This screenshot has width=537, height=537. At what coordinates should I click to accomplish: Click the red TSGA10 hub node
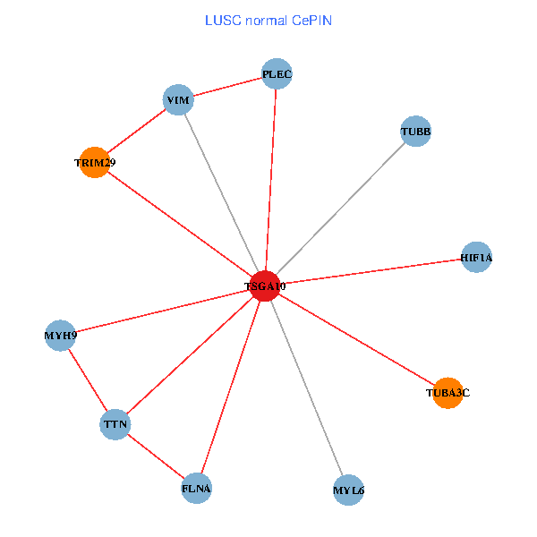[x=265, y=286]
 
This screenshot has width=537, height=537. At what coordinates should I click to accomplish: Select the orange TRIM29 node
[x=94, y=163]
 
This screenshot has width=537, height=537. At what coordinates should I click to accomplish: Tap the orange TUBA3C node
[x=447, y=392]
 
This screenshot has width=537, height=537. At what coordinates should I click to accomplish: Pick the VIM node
[x=179, y=99]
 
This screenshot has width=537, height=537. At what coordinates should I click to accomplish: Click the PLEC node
[x=277, y=73]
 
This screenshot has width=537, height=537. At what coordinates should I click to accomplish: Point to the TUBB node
[x=415, y=132]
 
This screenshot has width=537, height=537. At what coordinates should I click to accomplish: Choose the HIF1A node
[x=476, y=258]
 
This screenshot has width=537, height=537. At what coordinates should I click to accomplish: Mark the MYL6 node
[x=348, y=490]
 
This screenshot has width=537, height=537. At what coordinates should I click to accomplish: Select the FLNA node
[x=197, y=489]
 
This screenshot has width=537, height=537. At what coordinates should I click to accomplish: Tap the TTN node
[x=115, y=423]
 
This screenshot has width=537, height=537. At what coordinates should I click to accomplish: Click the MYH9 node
[x=60, y=336]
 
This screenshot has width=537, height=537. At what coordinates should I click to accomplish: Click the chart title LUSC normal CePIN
[x=268, y=20]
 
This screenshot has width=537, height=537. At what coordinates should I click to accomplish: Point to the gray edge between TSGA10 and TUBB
[x=340, y=209]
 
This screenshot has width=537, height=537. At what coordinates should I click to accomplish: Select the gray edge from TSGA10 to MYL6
[x=306, y=388]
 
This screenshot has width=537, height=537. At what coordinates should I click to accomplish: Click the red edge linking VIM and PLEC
[x=228, y=87]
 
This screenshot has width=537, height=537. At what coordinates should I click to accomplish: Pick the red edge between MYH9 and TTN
[x=88, y=379]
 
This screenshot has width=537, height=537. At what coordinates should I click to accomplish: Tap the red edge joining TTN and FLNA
[x=157, y=456]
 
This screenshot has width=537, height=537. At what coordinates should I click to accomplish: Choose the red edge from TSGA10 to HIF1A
[x=371, y=272]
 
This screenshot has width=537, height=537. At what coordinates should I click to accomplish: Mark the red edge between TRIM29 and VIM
[x=136, y=132]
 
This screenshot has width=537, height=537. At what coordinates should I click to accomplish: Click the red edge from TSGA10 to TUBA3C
[x=356, y=339]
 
